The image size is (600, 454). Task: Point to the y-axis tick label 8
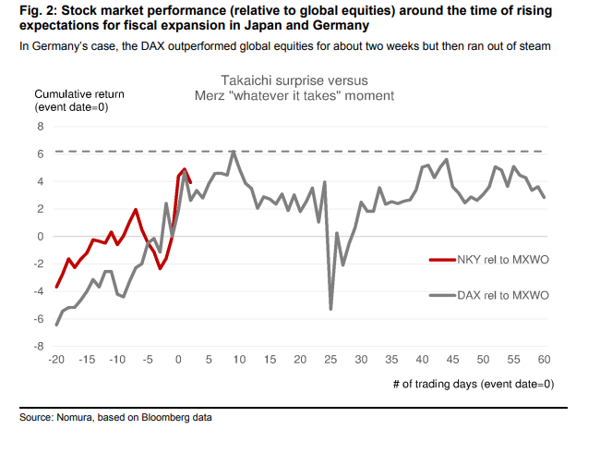41,126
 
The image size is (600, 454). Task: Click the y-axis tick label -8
39,347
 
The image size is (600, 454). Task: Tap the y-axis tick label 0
41,236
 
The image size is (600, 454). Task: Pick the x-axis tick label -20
56,360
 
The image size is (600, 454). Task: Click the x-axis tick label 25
330,360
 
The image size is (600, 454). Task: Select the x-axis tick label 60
544,360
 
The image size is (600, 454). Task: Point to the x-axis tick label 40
422,360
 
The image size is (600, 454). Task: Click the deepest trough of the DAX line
330,309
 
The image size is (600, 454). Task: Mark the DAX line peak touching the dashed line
234,152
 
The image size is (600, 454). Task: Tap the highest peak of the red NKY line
185,169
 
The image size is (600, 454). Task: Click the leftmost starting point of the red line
57,287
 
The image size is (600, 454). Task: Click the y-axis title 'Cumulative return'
79,93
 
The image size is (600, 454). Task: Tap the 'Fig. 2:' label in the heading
40,11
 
